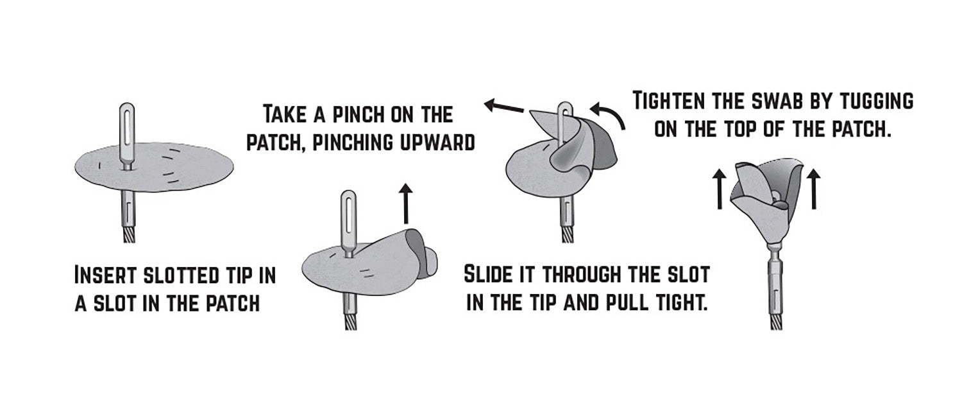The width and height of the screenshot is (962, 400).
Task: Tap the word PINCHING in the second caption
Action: point(352,143)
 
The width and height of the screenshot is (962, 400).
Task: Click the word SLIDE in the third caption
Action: point(487,274)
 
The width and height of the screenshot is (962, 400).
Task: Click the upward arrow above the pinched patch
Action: point(405,204)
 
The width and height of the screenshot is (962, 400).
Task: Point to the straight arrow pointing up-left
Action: point(504,106)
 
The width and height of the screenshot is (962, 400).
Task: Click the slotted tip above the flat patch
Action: point(127,134)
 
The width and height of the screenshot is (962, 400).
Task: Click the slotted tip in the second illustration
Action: point(348,223)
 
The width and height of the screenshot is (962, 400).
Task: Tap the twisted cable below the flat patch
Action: point(129,232)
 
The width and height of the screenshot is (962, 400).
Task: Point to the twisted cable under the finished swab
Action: point(775,319)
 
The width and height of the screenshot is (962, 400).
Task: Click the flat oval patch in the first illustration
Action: point(155,169)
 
